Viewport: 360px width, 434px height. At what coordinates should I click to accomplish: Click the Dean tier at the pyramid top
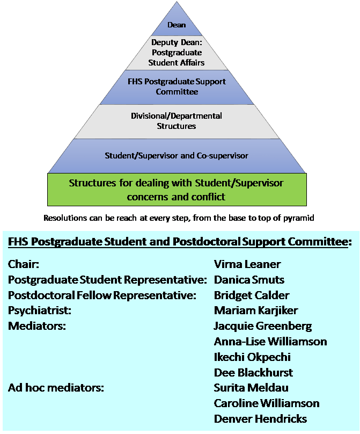tap(177, 25)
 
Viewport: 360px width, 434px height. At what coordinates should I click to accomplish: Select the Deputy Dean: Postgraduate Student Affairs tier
tap(177, 53)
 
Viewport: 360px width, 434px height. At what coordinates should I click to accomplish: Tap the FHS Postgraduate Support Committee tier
tap(177, 86)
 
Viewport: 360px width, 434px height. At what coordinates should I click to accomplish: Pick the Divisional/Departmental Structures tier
tap(177, 121)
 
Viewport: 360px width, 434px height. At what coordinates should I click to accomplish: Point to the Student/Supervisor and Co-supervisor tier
tap(177, 156)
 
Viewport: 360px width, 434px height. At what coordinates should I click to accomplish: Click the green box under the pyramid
tap(177, 190)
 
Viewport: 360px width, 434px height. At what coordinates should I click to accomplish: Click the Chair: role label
tap(24, 264)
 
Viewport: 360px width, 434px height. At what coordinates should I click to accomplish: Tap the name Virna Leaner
tap(247, 264)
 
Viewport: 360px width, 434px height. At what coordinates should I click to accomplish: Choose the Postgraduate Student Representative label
tap(108, 280)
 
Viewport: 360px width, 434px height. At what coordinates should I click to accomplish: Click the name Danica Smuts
tap(249, 280)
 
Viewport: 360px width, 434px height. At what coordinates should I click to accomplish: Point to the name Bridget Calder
tap(251, 295)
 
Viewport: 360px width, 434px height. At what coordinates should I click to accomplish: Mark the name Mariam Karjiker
tap(255, 310)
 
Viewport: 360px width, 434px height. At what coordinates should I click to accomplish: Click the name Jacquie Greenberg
tap(262, 326)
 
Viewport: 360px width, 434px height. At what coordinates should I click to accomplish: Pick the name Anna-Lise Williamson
tap(270, 342)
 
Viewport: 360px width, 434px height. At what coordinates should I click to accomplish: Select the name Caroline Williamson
tap(266, 403)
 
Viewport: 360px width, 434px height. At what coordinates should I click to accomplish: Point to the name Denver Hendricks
tap(260, 419)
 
